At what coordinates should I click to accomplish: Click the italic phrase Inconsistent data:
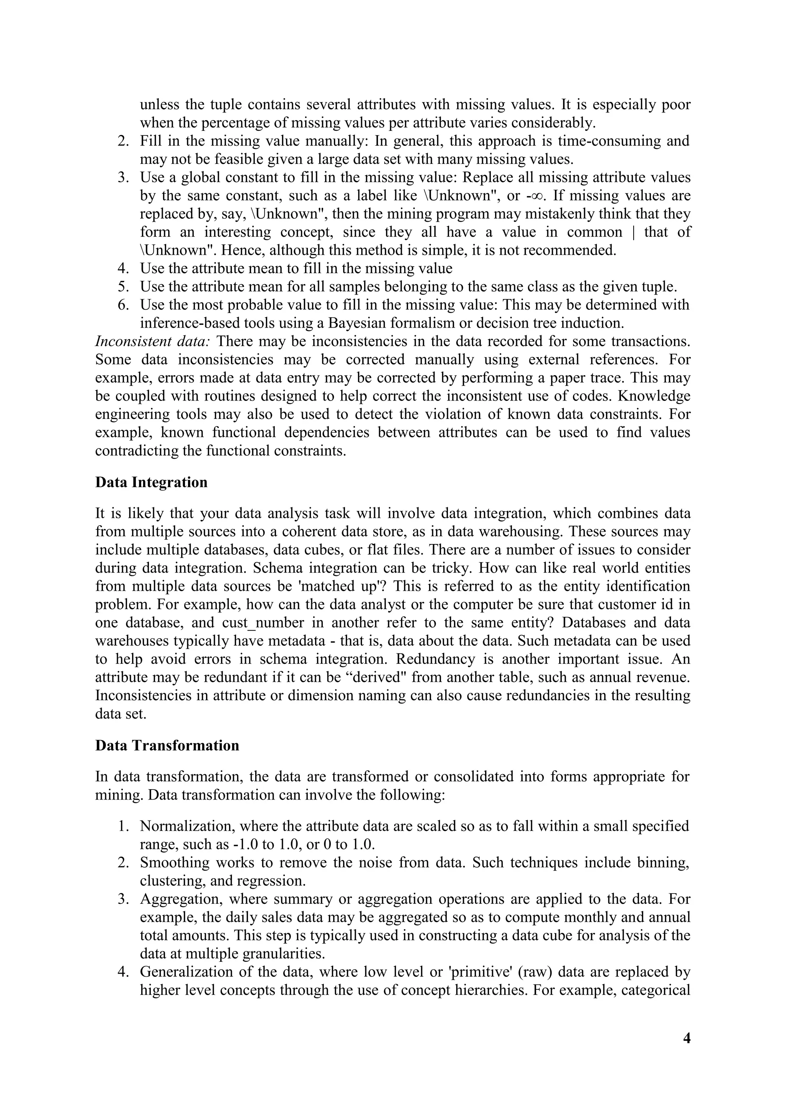(x=152, y=341)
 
